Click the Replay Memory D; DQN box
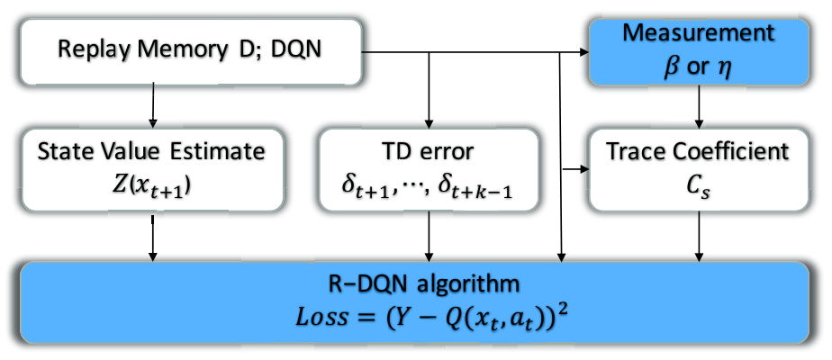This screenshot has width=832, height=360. pyautogui.click(x=191, y=51)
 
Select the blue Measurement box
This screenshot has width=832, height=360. pyautogui.click(x=700, y=51)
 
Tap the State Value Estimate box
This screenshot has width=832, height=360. pyautogui.click(x=152, y=170)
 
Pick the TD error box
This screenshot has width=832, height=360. pyautogui.click(x=429, y=170)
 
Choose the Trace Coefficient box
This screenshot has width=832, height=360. pyautogui.click(x=700, y=170)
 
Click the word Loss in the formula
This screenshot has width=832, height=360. pyautogui.click(x=322, y=318)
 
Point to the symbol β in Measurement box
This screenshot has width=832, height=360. pyautogui.click(x=672, y=68)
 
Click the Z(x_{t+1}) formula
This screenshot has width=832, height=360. pyautogui.click(x=152, y=188)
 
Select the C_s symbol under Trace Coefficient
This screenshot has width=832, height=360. pyautogui.click(x=700, y=189)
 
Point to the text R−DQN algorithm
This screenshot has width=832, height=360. pyautogui.click(x=424, y=284)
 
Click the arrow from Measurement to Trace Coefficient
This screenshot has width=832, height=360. pyautogui.click(x=700, y=106)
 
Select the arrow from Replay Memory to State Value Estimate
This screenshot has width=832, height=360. pyautogui.click(x=153, y=105)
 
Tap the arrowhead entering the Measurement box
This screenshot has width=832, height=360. pyautogui.click(x=584, y=52)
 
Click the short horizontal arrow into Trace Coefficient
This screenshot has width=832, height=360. pyautogui.click(x=575, y=170)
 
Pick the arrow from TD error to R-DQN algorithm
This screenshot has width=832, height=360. pyautogui.click(x=429, y=237)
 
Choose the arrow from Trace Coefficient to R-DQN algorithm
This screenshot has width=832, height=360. pyautogui.click(x=700, y=237)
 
